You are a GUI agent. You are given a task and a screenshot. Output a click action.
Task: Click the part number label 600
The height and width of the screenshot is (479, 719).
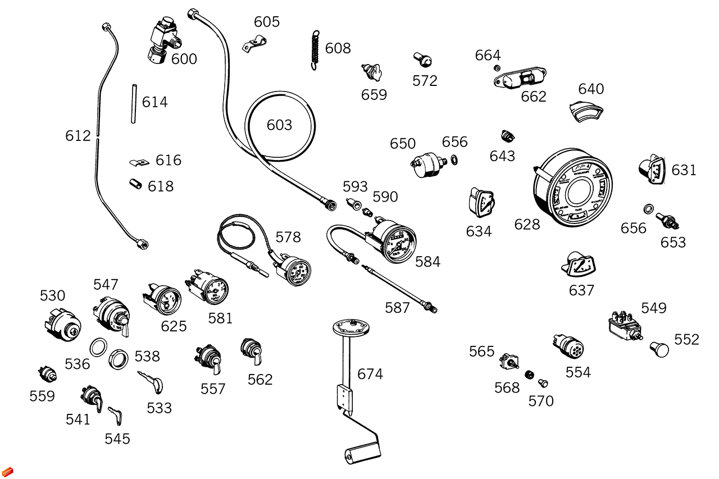(x=184, y=59)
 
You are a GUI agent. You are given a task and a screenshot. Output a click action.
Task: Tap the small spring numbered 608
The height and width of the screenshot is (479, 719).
(x=315, y=49)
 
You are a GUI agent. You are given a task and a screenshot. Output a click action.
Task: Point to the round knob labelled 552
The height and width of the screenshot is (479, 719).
(x=659, y=349)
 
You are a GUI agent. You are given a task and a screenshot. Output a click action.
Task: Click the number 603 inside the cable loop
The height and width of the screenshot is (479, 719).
(x=279, y=125)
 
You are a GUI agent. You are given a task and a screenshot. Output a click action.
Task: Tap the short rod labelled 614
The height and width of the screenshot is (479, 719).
(x=134, y=103)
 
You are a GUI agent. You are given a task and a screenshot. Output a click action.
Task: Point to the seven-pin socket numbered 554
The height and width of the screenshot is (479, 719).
(x=569, y=346)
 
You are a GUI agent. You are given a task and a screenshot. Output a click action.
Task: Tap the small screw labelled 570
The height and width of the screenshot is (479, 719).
(x=543, y=383)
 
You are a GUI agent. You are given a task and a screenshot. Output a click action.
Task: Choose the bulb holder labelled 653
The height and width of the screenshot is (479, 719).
(x=667, y=221)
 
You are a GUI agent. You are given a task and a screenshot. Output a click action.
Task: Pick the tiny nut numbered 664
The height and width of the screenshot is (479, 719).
(x=497, y=68)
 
